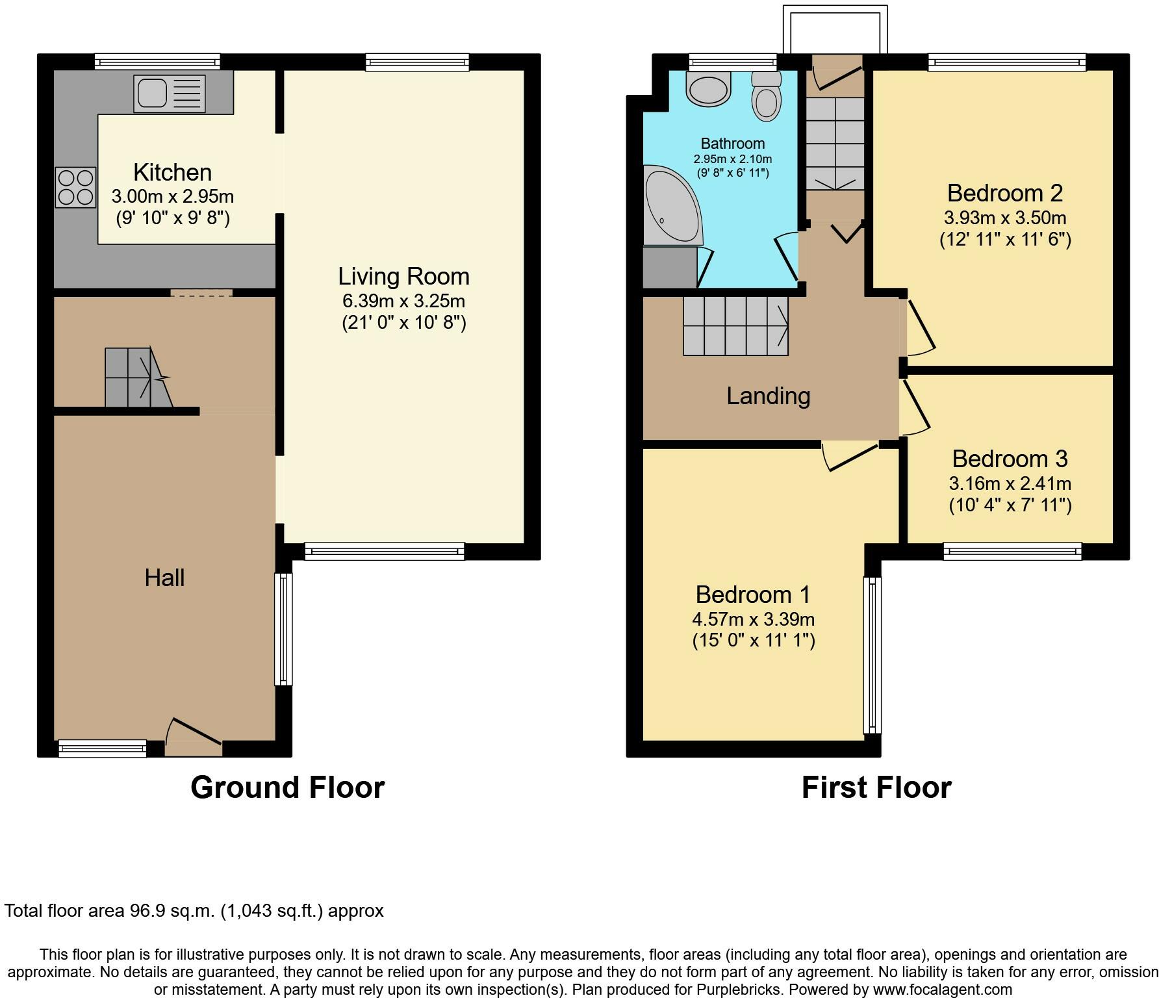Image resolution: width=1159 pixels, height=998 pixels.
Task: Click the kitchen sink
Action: [x=170, y=93]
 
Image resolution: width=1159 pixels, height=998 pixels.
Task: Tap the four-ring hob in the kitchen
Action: [x=75, y=187]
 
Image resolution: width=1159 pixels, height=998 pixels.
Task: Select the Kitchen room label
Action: [x=173, y=172]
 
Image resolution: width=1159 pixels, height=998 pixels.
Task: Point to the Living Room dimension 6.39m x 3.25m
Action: [x=403, y=301]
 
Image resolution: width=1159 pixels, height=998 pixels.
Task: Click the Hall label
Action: [x=164, y=578]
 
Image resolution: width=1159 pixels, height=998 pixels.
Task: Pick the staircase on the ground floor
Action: [x=138, y=377]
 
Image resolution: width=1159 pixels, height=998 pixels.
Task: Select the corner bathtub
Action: [x=672, y=205]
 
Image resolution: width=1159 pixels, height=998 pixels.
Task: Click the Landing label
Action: [x=768, y=396]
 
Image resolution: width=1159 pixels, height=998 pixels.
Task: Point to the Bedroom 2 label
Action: [x=1005, y=193]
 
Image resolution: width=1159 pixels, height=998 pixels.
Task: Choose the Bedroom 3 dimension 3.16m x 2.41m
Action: [x=1010, y=483]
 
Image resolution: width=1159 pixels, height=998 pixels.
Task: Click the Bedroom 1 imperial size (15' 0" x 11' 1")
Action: [x=754, y=641]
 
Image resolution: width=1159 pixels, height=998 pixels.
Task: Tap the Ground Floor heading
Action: [x=288, y=787]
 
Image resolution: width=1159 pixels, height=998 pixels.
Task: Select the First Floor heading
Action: [x=876, y=787]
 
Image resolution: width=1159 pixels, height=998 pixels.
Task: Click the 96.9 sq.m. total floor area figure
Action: [x=170, y=911]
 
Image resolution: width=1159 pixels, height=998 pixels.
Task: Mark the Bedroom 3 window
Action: [x=1012, y=552]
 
